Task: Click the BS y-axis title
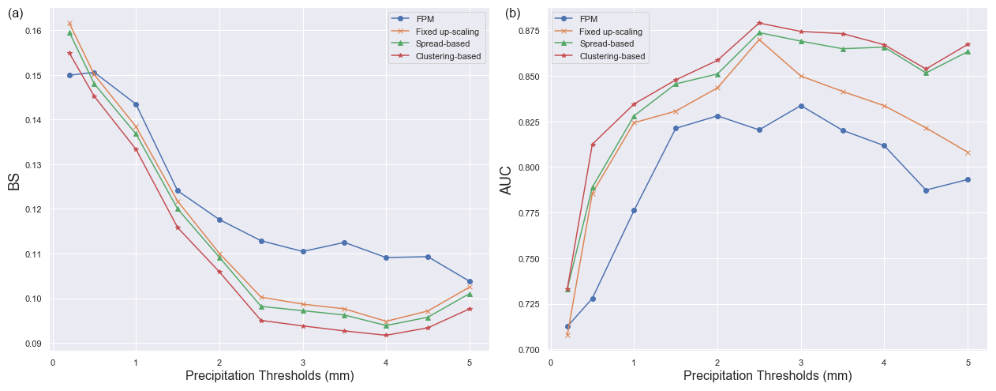13,182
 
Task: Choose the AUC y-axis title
506,181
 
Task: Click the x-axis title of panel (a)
269,376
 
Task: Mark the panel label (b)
513,13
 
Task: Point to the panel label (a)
15,13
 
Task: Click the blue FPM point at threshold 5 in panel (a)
470,281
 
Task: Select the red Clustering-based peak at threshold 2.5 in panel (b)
759,23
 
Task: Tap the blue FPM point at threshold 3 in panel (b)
801,106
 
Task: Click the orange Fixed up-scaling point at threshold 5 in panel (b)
968,152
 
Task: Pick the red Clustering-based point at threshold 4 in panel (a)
386,335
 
